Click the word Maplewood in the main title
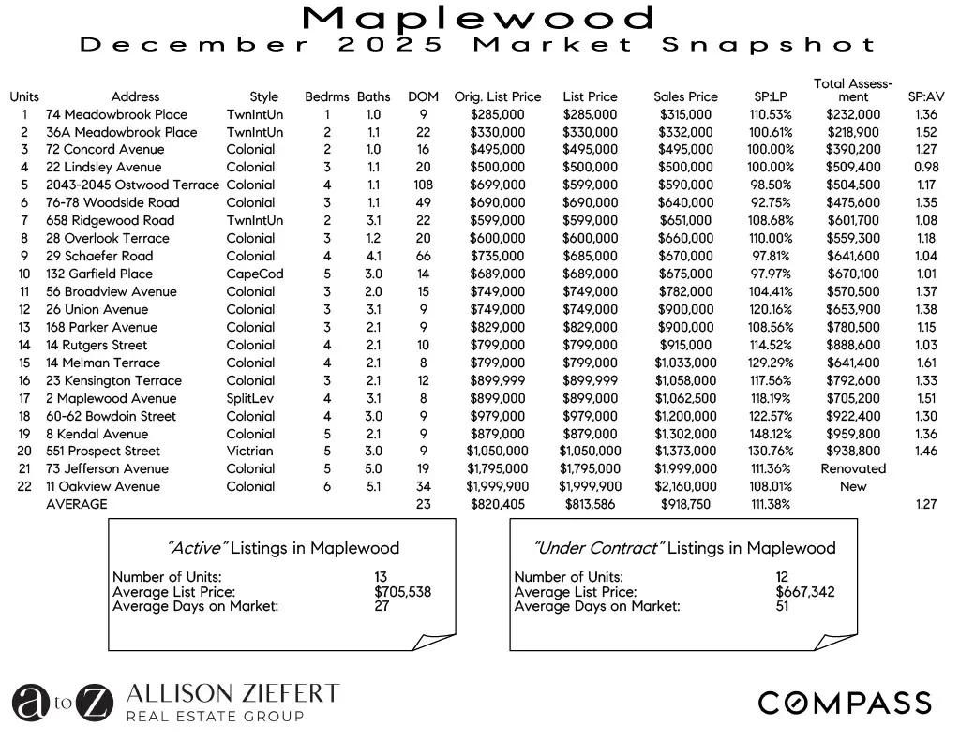[479, 17]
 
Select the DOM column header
[423, 96]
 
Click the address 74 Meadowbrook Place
[116, 114]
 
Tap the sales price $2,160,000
[685, 486]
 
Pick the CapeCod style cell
[254, 274]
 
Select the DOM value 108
[423, 185]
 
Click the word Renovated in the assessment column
[853, 468]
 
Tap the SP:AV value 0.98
[925, 167]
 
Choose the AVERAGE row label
[77, 504]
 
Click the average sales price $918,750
[685, 504]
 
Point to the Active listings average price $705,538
[403, 592]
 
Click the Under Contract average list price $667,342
[805, 592]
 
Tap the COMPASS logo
[844, 703]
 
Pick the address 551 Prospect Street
[103, 451]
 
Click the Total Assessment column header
[853, 90]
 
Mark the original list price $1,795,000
[497, 468]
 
